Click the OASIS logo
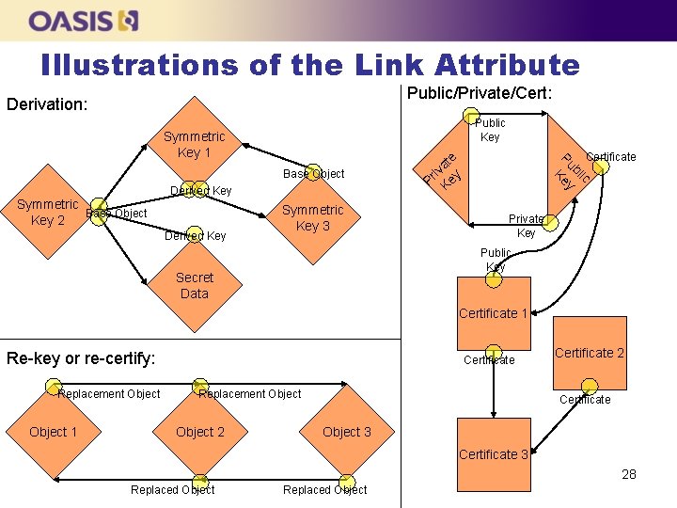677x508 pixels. tap(84, 20)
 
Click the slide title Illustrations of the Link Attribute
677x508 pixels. tap(310, 64)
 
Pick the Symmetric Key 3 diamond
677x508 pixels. tap(313, 218)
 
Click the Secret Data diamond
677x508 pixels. tap(195, 285)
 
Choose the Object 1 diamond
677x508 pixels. tap(54, 432)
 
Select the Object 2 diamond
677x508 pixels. tap(200, 432)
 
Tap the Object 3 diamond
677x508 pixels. tap(347, 432)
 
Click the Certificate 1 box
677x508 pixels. tap(494, 313)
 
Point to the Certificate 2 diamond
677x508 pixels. tap(590, 353)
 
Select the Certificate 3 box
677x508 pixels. tap(494, 454)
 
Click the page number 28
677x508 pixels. tap(629, 474)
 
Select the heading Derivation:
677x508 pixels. tap(47, 103)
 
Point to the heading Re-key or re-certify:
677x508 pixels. tap(81, 357)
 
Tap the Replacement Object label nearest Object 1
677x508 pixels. tap(109, 393)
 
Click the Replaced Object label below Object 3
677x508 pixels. tap(325, 489)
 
